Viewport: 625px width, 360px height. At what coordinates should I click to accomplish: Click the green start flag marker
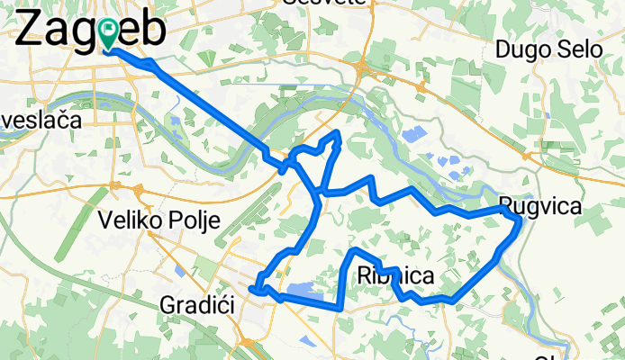(109, 35)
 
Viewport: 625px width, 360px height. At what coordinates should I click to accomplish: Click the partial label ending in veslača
(41, 119)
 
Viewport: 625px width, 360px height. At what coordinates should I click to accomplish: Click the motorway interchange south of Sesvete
(361, 67)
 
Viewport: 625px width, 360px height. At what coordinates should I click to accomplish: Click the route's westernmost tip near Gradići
(255, 289)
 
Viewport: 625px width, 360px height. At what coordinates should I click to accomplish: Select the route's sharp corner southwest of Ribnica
(340, 307)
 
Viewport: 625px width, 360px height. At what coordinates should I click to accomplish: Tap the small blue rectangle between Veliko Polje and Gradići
(180, 268)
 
